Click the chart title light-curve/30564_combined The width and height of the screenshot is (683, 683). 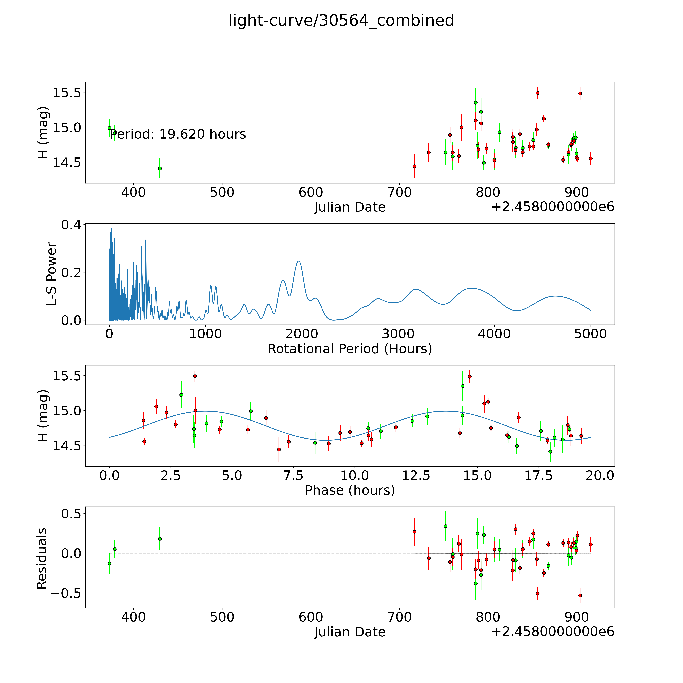coord(341,20)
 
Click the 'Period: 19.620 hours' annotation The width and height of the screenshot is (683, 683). coord(178,134)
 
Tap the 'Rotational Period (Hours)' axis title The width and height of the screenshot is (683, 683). coord(350,349)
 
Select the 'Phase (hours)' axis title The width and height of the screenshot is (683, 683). coord(350,490)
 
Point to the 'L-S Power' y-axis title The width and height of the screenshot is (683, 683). coord(52,274)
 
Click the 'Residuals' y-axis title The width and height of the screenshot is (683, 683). coord(42,559)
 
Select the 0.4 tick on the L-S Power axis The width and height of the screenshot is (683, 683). coord(71,225)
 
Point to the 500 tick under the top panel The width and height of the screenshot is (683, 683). coord(222,193)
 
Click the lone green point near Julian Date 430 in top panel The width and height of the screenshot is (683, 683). coord(160,169)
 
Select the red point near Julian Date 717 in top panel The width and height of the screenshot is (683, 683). coord(414,166)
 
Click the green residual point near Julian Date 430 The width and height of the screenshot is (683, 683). coord(160,539)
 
